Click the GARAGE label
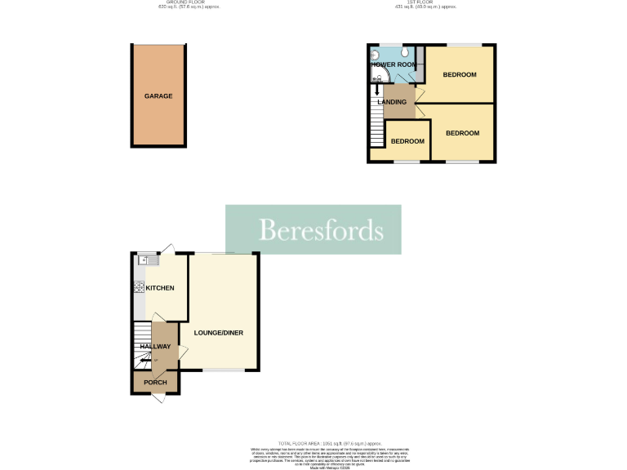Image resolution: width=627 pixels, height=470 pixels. (158, 96)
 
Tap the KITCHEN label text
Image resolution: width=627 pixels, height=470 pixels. (160, 288)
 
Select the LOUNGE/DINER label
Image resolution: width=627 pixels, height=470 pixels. (218, 333)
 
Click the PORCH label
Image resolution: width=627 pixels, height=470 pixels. (155, 383)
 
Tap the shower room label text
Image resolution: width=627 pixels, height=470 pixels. (395, 64)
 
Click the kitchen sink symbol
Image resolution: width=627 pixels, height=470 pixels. (145, 260)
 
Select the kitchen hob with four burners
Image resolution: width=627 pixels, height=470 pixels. (139, 287)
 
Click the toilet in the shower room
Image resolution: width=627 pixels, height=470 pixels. (405, 51)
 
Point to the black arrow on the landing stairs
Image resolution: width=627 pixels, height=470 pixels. (377, 91)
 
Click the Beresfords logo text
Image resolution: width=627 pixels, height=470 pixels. (320, 230)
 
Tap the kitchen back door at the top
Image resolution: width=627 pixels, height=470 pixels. (167, 249)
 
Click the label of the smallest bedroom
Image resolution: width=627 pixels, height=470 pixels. (407, 141)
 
